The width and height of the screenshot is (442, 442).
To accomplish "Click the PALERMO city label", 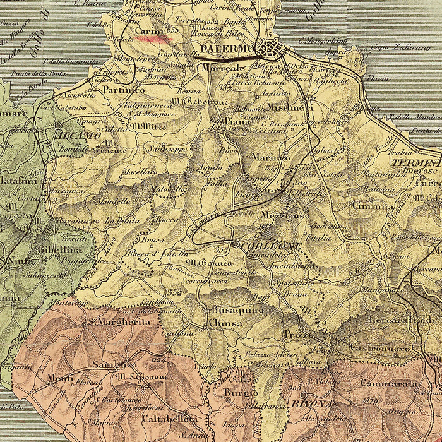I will click(x=227, y=49).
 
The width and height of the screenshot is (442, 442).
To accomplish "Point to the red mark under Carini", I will click(x=154, y=39).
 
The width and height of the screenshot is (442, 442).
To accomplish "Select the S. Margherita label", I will click(x=119, y=321).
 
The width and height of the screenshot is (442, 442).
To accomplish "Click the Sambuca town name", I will click(x=114, y=364).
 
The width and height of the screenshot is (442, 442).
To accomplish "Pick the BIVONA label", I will click(x=309, y=404).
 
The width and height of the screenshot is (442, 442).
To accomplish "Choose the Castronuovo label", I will click(x=380, y=348).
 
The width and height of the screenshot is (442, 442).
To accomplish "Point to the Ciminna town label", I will click(x=373, y=206).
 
